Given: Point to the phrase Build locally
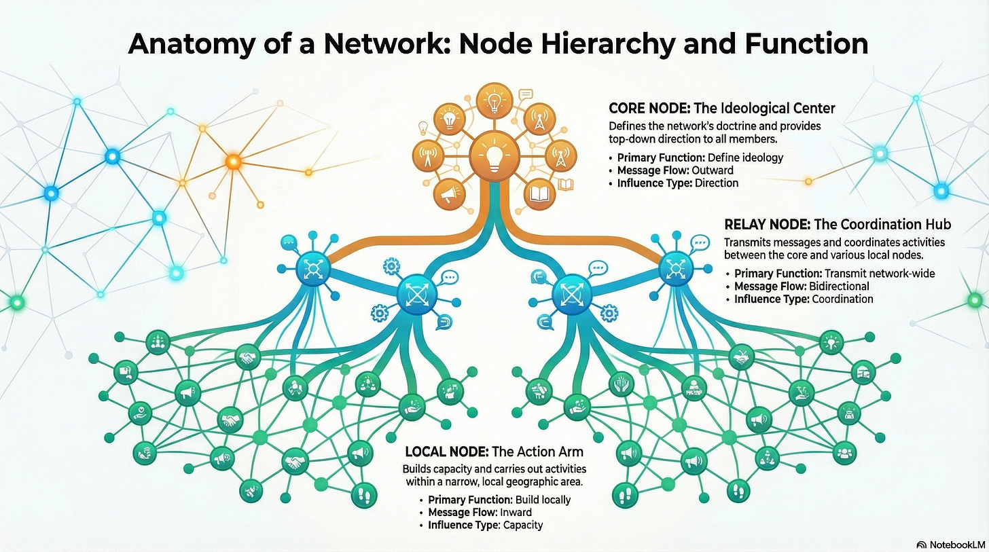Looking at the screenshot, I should [542, 500].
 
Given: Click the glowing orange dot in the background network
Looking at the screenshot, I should [233, 162].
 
